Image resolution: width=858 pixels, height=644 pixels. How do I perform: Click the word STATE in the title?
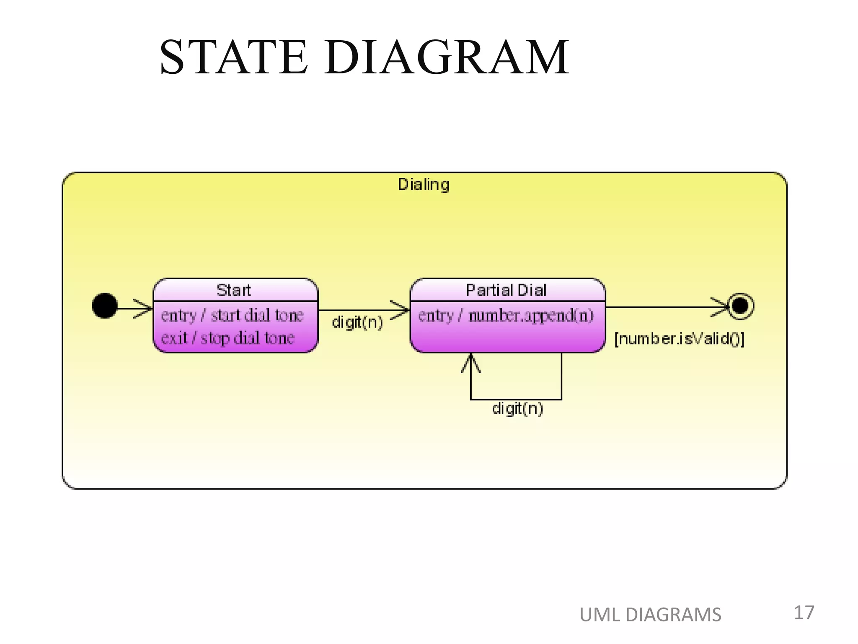233,57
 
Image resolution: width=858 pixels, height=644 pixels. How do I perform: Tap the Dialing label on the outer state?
424,184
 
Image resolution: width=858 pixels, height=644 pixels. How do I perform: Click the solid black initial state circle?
105,306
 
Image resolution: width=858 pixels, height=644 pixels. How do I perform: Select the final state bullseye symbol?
740,306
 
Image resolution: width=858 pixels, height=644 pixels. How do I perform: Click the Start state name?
234,290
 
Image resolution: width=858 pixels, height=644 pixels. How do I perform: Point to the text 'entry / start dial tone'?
232,315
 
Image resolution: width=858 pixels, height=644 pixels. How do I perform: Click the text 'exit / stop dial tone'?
227,338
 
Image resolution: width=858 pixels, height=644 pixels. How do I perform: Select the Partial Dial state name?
506,290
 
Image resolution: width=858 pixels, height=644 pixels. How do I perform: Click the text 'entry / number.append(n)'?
506,315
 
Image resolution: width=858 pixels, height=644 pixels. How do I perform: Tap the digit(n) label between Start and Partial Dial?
357,322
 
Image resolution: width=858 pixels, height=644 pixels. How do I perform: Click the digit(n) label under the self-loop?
517,408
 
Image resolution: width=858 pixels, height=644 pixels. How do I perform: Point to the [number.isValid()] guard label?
679,339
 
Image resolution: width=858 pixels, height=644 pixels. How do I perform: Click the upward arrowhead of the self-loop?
471,363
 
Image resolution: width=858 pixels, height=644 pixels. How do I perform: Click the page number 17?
804,613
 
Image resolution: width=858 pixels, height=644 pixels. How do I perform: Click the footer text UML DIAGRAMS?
650,615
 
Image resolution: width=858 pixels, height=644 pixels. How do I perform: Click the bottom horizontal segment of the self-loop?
516,399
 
